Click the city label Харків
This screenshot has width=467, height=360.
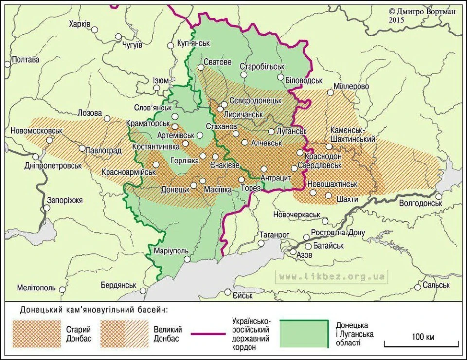[79, 24]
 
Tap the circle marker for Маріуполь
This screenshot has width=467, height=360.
[187, 260]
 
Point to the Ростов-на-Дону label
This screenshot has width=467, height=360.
[339, 233]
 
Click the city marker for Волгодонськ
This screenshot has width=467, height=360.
[438, 196]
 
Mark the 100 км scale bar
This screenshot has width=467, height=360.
[422, 343]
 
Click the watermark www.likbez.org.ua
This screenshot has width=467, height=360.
[332, 277]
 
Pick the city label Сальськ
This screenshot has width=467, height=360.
[436, 285]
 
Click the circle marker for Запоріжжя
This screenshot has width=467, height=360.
[47, 208]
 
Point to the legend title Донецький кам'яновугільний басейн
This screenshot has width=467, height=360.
[94, 309]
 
